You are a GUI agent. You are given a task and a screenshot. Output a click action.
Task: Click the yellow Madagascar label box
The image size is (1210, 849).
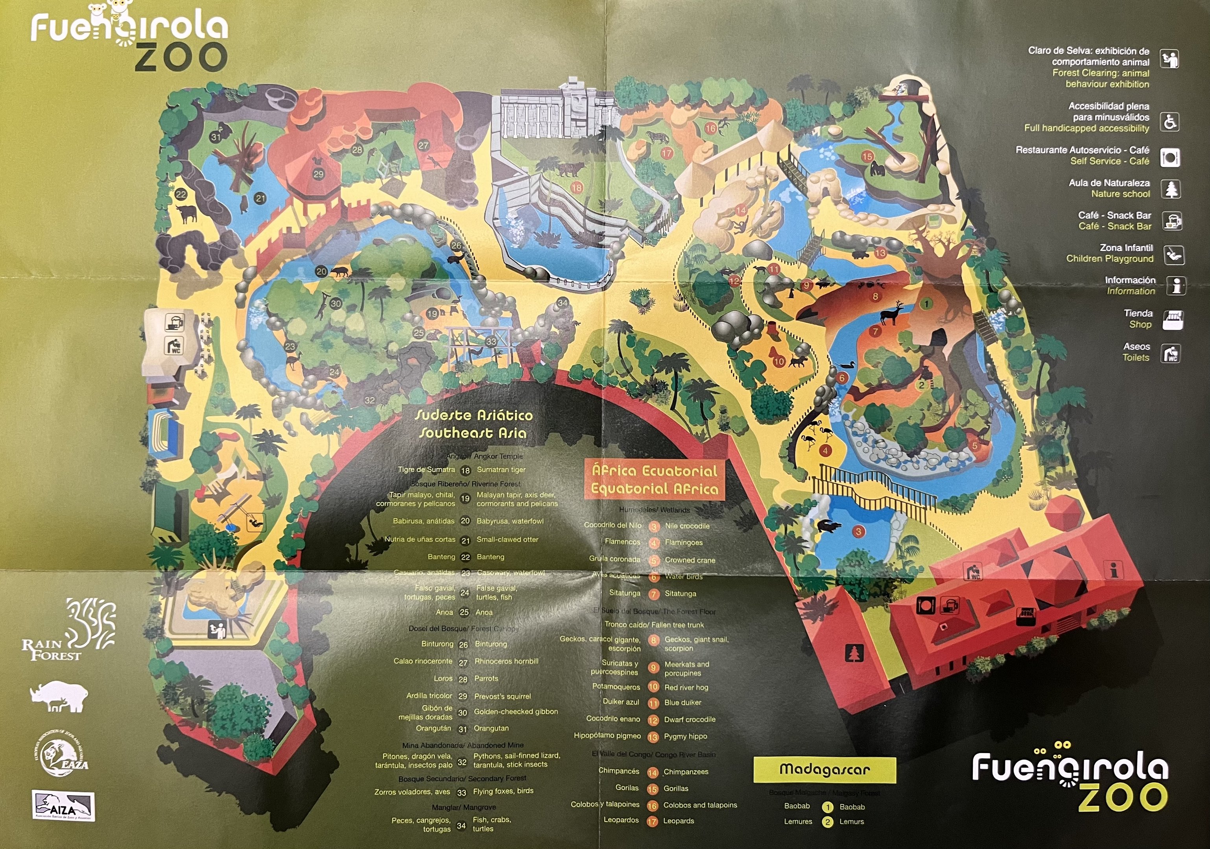(x=824, y=770)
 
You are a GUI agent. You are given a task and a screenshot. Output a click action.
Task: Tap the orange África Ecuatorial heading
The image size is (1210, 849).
(x=654, y=479)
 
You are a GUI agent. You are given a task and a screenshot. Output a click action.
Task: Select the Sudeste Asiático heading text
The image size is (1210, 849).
(x=473, y=424)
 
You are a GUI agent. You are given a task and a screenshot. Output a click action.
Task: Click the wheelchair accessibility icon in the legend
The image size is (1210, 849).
(x=1170, y=122)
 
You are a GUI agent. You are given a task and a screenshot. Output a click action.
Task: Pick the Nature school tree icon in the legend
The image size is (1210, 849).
(x=1171, y=189)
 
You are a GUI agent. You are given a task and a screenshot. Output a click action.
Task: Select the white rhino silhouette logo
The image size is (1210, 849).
(x=59, y=696)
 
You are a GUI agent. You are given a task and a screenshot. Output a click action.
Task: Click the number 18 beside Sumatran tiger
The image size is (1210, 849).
(x=465, y=470)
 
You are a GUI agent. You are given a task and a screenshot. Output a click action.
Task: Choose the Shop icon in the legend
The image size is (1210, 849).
(x=1173, y=319)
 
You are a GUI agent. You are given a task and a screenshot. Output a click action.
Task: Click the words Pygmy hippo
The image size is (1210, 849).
(x=685, y=736)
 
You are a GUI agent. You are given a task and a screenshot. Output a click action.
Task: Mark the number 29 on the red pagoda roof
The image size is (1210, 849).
(x=318, y=175)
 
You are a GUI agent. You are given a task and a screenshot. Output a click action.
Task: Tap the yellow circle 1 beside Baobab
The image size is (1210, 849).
(x=827, y=807)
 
